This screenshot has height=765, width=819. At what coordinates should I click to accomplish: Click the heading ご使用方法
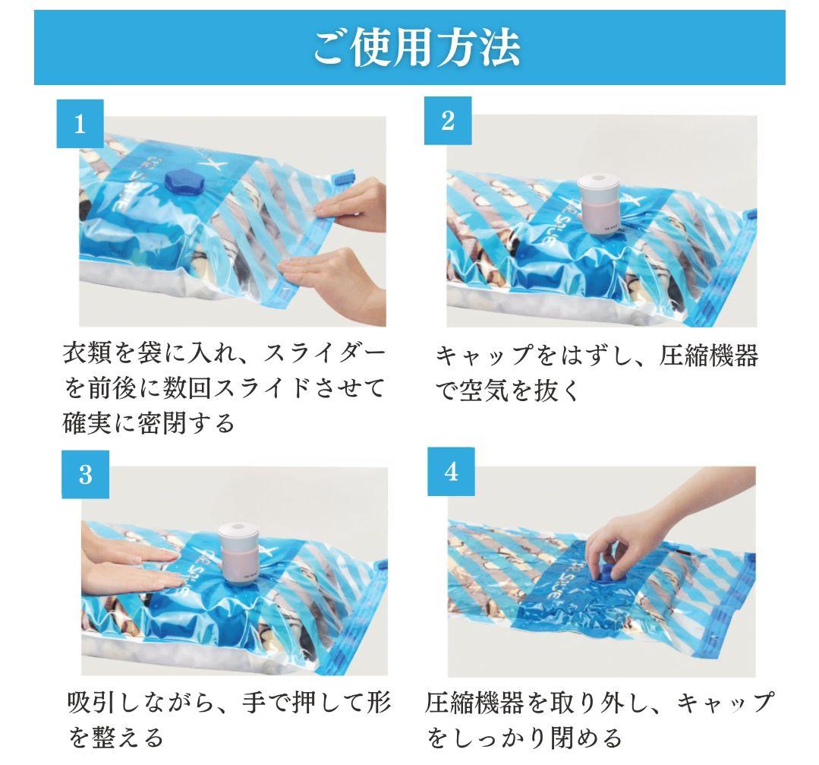(x=416, y=47)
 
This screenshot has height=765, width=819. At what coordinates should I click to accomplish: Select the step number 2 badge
(x=448, y=120)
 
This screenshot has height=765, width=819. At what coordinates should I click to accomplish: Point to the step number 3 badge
(x=85, y=475)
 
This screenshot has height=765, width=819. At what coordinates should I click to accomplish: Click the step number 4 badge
(x=451, y=472)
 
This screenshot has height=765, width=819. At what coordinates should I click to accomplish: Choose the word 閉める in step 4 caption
(x=585, y=737)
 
